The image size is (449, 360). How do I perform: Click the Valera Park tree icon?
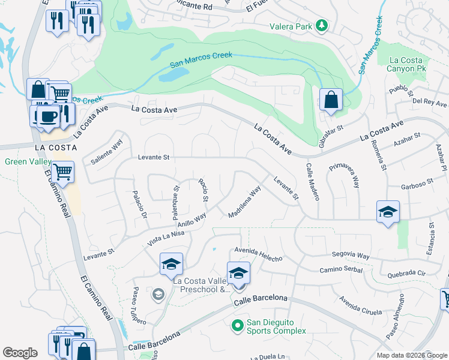pyautogui.click(x=322, y=25)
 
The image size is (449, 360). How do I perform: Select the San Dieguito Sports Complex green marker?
pyautogui.click(x=238, y=326)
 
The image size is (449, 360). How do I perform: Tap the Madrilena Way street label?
pyautogui.click(x=245, y=202)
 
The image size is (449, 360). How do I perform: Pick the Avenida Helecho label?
pyautogui.click(x=258, y=254)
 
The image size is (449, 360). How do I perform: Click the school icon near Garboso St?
pyautogui.click(x=388, y=212)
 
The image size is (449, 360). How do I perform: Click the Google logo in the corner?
pyautogui.click(x=20, y=352)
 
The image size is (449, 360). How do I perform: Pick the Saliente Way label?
pyautogui.click(x=106, y=152)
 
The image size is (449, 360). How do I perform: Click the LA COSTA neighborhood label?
pyautogui.click(x=56, y=147)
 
